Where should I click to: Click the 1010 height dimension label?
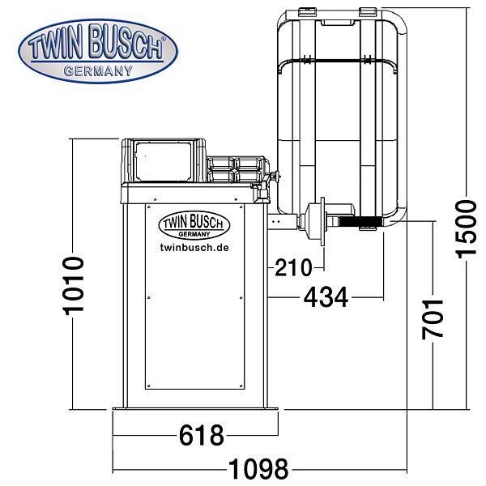click(74, 286)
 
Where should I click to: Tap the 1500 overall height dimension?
click(466, 229)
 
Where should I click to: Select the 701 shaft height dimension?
click(433, 319)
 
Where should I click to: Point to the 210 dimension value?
click(293, 268)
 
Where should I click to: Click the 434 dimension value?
click(326, 297)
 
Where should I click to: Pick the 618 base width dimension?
click(202, 436)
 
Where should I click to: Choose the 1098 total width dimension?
click(259, 469)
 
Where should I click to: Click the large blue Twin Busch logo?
click(98, 52)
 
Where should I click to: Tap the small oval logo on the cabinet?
click(194, 225)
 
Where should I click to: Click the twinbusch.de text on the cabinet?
click(194, 247)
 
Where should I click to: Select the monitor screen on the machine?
click(164, 161)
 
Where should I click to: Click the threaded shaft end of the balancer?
click(360, 221)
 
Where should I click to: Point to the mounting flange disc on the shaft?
click(322, 221)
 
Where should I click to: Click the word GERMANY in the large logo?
click(98, 71)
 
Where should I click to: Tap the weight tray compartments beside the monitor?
click(235, 169)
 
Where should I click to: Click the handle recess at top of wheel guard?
click(338, 23)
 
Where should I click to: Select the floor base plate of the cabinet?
click(195, 409)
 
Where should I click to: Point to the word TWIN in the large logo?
click(56, 45)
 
